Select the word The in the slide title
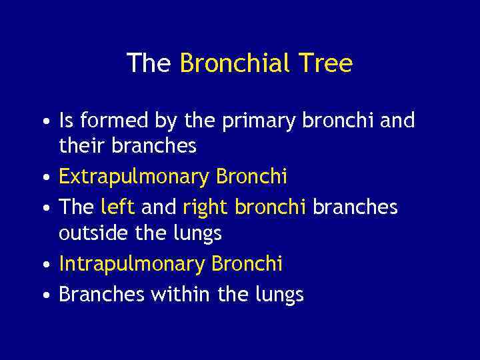pos(150,64)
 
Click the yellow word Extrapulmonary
pos(134,177)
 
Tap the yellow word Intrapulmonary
pos(132,265)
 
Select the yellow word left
pos(117,207)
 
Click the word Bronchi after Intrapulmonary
pos(247,264)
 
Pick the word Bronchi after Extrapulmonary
pos(251,177)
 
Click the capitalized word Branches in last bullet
pos(100,294)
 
